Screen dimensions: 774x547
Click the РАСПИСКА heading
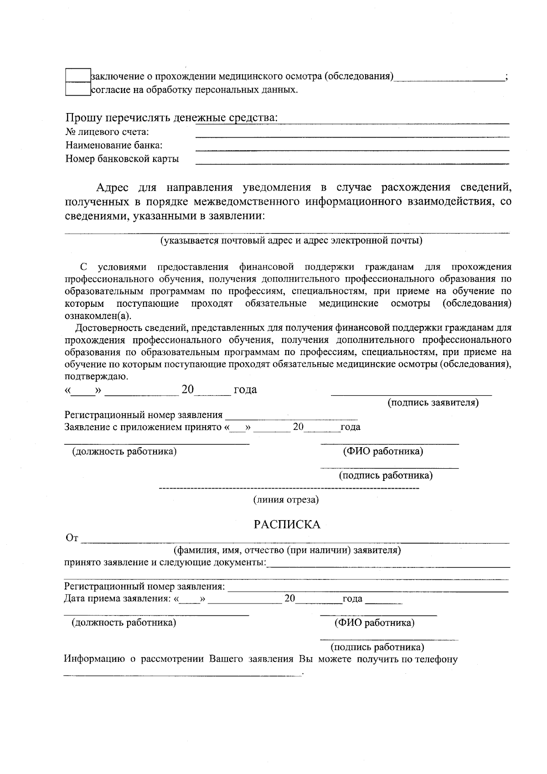click(x=287, y=525)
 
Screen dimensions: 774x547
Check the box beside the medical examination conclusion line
click(x=78, y=76)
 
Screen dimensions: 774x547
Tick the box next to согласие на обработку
click(x=78, y=89)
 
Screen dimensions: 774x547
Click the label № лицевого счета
click(x=108, y=132)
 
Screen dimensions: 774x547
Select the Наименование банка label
click(x=114, y=145)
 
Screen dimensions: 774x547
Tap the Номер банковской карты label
click(x=122, y=159)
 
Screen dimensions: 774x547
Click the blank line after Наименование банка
click(x=352, y=150)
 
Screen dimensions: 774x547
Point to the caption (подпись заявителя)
click(x=433, y=403)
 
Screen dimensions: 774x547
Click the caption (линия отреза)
click(x=286, y=500)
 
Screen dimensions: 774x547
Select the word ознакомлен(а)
click(x=98, y=316)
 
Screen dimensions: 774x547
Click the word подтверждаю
click(x=97, y=377)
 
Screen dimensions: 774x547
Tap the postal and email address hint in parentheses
click(x=291, y=241)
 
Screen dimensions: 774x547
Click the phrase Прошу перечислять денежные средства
click(x=171, y=118)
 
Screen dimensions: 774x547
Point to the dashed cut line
click(x=289, y=489)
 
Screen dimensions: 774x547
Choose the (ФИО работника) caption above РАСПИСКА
click(x=382, y=452)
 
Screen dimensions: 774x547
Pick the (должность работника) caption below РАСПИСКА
click(x=124, y=623)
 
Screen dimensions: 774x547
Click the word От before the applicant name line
click(x=72, y=538)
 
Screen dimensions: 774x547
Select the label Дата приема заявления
click(x=117, y=599)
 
